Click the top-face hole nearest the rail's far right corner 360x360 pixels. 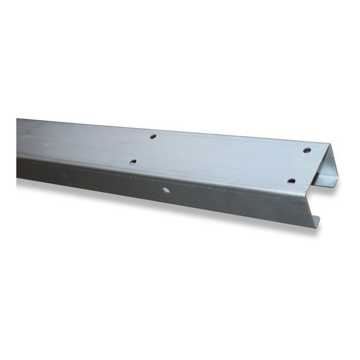coord(307,150)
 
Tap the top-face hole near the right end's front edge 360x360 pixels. coord(291,181)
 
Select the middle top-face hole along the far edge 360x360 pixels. coord(153,137)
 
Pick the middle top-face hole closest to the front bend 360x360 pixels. coord(133,161)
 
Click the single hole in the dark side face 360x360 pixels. coord(166,190)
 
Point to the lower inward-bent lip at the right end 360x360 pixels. coord(315,222)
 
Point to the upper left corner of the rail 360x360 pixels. coord(17,119)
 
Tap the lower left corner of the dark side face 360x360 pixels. coord(17,178)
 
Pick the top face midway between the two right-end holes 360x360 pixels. coord(299,166)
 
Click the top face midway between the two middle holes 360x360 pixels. coord(143,149)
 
